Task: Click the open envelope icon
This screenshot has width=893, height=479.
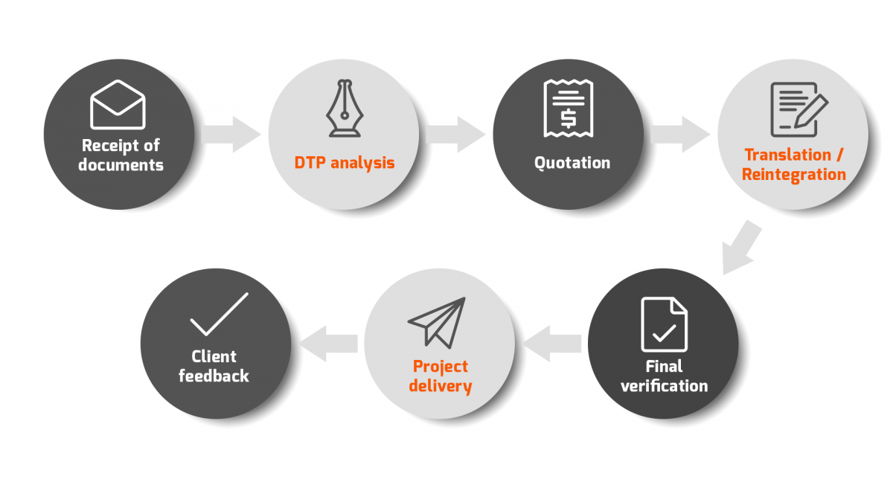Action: click(118, 104)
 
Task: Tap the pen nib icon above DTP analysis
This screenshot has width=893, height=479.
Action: click(345, 109)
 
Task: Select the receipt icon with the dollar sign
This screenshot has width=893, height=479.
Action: click(569, 109)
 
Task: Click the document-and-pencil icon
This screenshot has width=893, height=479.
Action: click(799, 109)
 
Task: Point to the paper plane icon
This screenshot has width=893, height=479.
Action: click(437, 323)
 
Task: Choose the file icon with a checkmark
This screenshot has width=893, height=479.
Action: click(664, 324)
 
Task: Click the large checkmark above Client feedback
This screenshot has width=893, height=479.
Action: click(219, 315)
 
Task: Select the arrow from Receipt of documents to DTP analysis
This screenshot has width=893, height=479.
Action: click(231, 135)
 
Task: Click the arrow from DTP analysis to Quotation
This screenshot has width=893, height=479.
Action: click(455, 135)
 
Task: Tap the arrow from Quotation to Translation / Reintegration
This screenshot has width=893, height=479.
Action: click(680, 135)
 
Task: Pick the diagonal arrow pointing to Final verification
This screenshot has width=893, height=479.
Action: click(740, 248)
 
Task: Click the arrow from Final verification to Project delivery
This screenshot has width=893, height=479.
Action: click(551, 344)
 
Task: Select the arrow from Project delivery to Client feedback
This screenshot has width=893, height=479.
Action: click(328, 344)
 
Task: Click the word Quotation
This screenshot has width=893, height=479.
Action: click(572, 163)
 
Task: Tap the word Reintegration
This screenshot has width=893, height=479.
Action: click(794, 175)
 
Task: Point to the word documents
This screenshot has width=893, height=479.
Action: click(121, 165)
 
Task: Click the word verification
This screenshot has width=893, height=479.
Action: click(664, 386)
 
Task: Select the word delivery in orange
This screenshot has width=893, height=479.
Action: click(440, 386)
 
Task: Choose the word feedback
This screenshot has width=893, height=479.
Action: click(214, 376)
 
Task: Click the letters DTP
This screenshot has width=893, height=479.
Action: click(310, 163)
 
